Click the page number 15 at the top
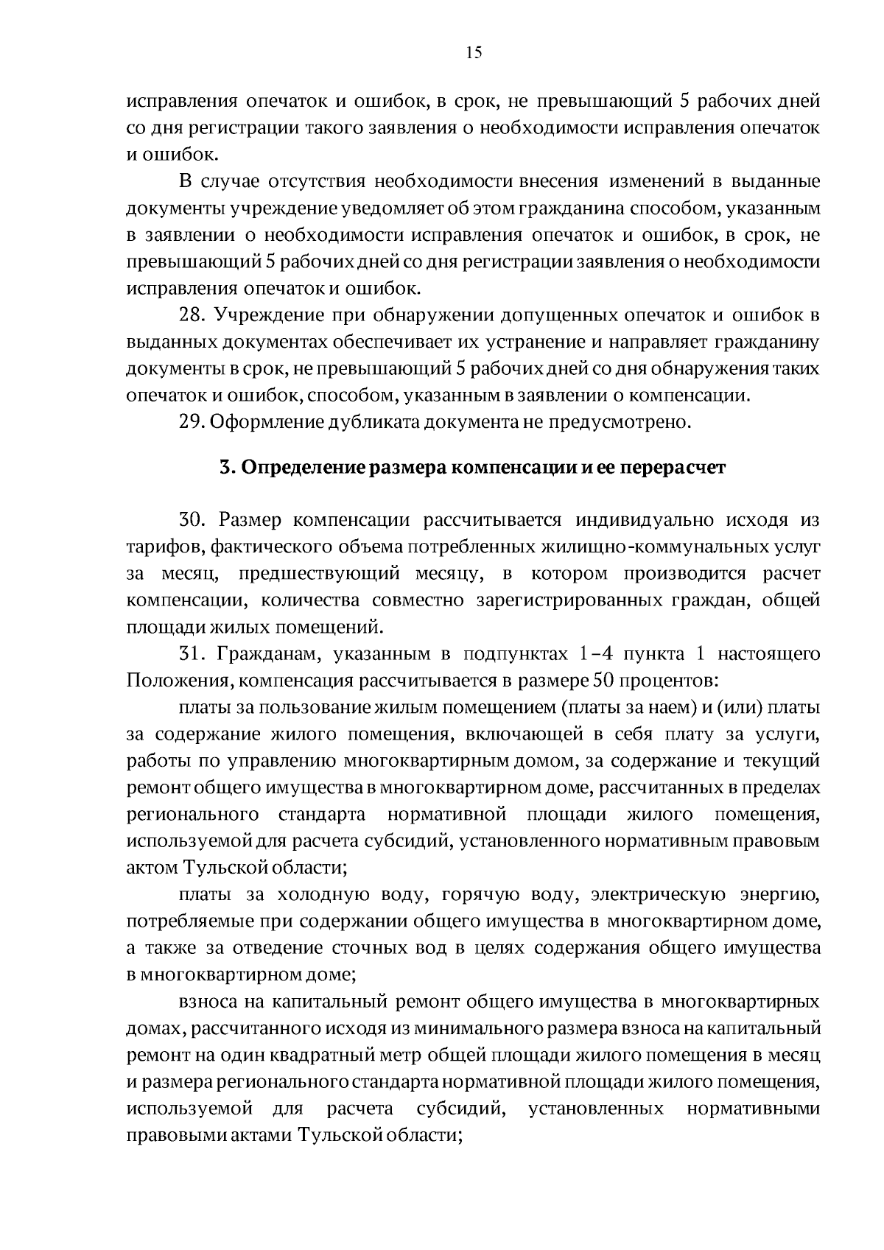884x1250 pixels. click(474, 52)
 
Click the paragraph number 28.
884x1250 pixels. click(192, 316)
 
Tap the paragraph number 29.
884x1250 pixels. click(192, 422)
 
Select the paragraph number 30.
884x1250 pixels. click(193, 520)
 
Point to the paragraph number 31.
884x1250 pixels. click(192, 653)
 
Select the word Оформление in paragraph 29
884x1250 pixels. click(267, 422)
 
